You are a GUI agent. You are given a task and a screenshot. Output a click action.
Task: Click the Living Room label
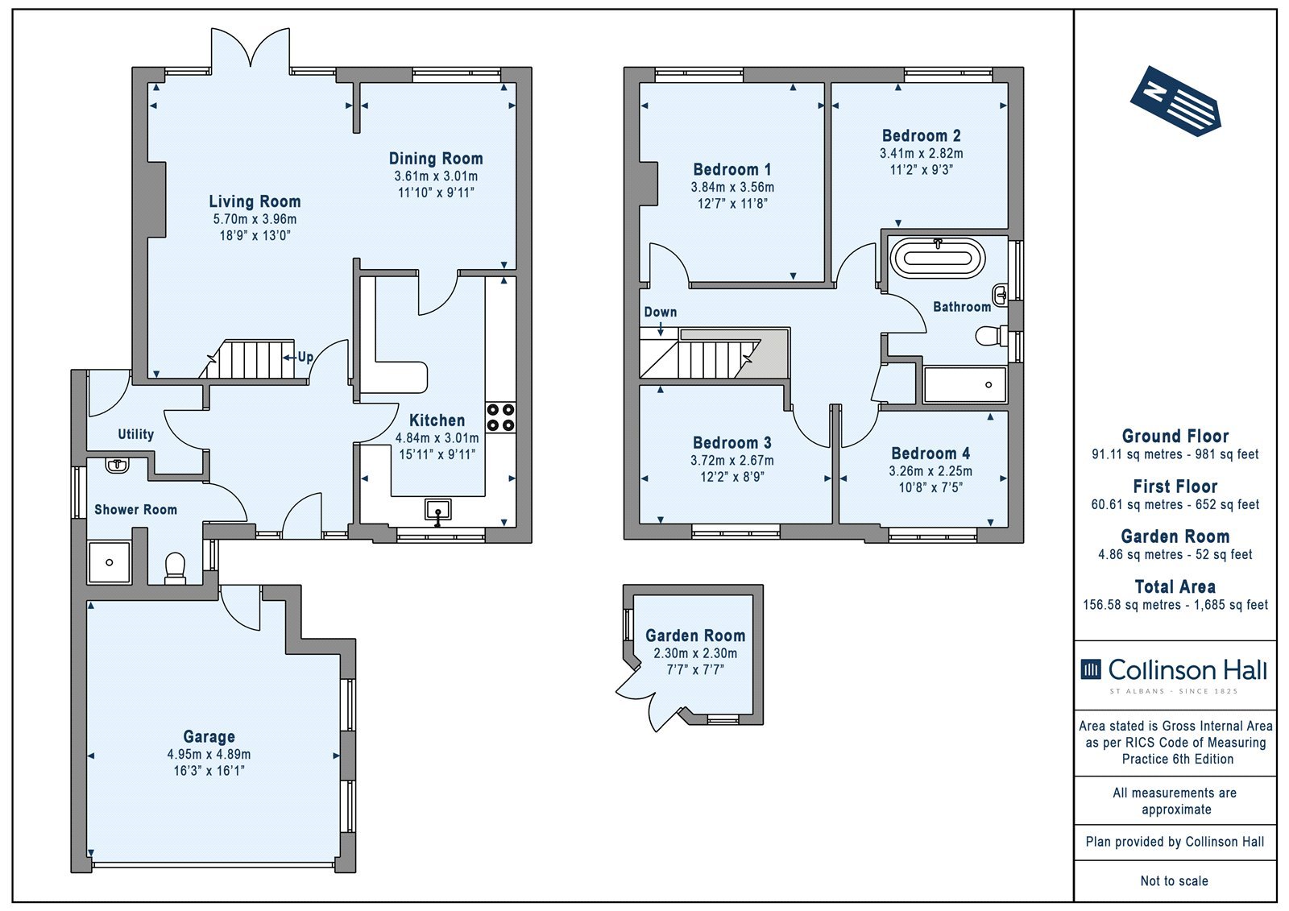click(255, 201)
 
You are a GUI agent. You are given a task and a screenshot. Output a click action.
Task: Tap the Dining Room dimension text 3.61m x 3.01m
click(436, 176)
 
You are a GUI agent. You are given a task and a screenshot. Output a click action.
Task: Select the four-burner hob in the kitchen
click(500, 418)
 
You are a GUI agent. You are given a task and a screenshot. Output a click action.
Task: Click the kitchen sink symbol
click(438, 511)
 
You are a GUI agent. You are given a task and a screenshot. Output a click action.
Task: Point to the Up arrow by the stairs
click(289, 358)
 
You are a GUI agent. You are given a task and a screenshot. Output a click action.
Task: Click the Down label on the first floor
click(660, 312)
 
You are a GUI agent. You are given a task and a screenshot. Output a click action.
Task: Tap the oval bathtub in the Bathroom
click(938, 259)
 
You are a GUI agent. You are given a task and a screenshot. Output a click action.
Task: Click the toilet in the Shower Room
click(175, 568)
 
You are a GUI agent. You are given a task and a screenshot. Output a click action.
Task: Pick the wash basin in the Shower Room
click(118, 464)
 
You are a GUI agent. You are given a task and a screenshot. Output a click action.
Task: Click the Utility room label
click(136, 434)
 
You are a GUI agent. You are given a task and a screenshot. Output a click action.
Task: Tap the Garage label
click(209, 737)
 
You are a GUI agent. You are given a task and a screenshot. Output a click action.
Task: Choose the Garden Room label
click(695, 636)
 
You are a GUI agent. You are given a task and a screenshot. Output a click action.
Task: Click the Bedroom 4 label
click(930, 453)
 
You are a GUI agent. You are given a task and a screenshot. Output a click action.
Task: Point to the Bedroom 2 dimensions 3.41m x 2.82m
click(922, 154)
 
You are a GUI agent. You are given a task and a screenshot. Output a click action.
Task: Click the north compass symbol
click(1175, 101)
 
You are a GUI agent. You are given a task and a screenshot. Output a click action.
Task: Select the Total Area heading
click(1175, 587)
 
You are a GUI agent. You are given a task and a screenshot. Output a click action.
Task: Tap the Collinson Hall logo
click(1174, 674)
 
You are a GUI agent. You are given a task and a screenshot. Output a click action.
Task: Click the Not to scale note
click(1175, 880)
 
